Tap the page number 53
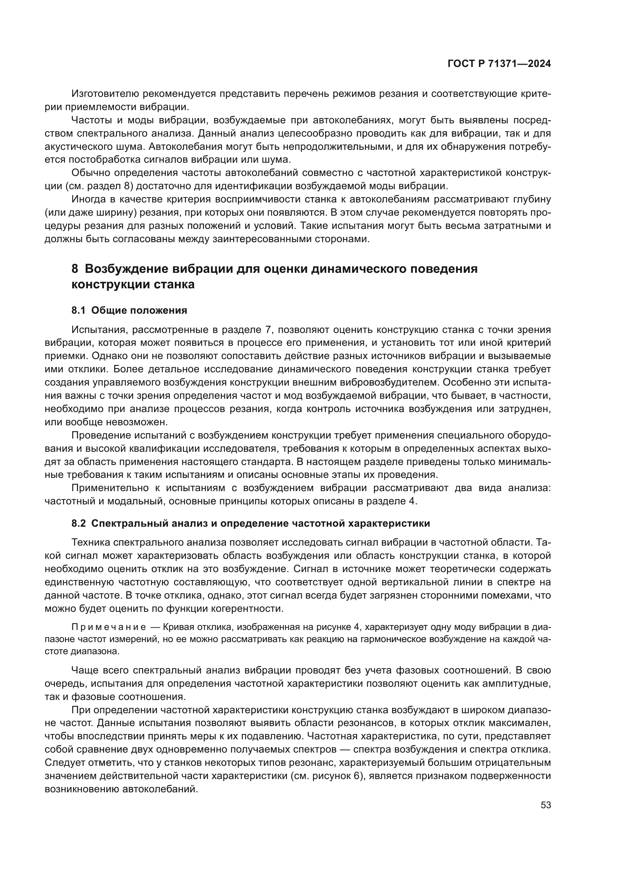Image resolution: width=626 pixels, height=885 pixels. point(545,805)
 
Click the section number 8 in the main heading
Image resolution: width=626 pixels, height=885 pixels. point(75,268)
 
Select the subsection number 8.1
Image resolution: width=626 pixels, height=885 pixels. point(79,310)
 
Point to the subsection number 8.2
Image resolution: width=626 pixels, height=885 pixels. point(79,523)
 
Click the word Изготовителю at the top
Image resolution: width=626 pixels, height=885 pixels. point(104,94)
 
